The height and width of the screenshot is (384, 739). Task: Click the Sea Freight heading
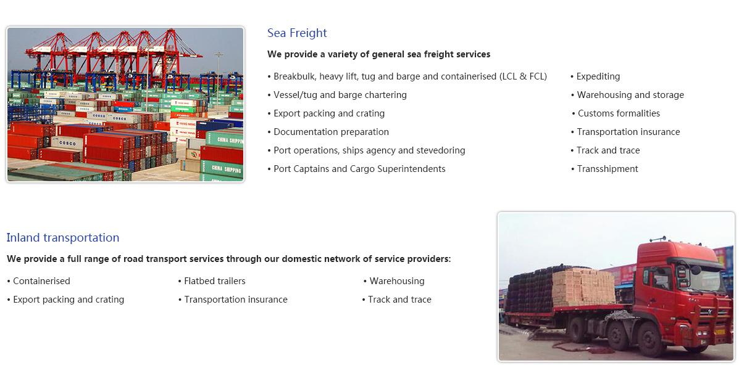(297, 33)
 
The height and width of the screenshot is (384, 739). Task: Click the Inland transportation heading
(63, 238)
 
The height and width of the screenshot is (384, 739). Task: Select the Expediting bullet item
(595, 76)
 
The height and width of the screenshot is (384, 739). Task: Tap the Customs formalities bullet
(616, 113)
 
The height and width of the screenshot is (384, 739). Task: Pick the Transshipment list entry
(604, 169)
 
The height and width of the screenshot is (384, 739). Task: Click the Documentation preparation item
(328, 132)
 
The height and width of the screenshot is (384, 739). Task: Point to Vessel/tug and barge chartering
(337, 94)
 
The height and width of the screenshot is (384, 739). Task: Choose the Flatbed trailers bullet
(212, 281)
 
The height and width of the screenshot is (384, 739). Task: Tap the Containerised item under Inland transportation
(38, 281)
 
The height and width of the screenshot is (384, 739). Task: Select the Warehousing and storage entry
(627, 94)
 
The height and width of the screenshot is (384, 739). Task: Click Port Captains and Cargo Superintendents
(356, 169)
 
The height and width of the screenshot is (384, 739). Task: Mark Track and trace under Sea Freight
(605, 150)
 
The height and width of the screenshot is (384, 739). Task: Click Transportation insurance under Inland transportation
(233, 300)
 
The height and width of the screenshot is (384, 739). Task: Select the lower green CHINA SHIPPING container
(222, 169)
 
